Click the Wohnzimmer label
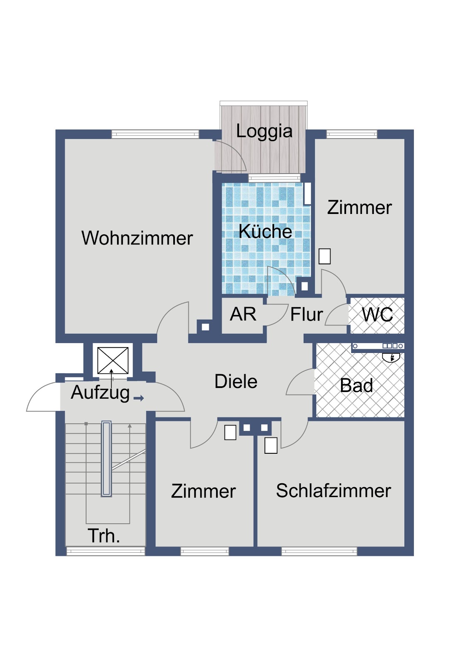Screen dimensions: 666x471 [x=137, y=238]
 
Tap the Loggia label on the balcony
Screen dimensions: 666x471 [x=264, y=131]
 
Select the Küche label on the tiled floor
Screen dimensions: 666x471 [x=265, y=231]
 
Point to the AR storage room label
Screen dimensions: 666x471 [x=243, y=314]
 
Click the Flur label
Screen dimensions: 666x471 [x=307, y=315]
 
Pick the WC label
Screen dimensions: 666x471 [x=377, y=315]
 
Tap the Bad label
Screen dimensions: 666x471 [x=356, y=385]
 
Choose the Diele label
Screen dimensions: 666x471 [x=236, y=381]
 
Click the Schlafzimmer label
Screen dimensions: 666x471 [x=334, y=491]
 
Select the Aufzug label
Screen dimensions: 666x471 [x=100, y=393]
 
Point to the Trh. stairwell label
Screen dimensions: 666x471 [x=104, y=536]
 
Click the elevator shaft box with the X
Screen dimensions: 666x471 [x=113, y=360]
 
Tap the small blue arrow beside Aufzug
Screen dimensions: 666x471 [x=139, y=398]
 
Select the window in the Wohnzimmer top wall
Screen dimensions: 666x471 [x=155, y=134]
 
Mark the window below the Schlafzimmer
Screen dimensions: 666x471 [x=319, y=552]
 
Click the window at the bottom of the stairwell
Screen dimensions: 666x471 [x=106, y=552]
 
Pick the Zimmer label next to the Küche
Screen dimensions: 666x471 [x=359, y=208]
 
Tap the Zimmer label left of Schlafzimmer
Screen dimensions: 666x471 [x=203, y=491]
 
